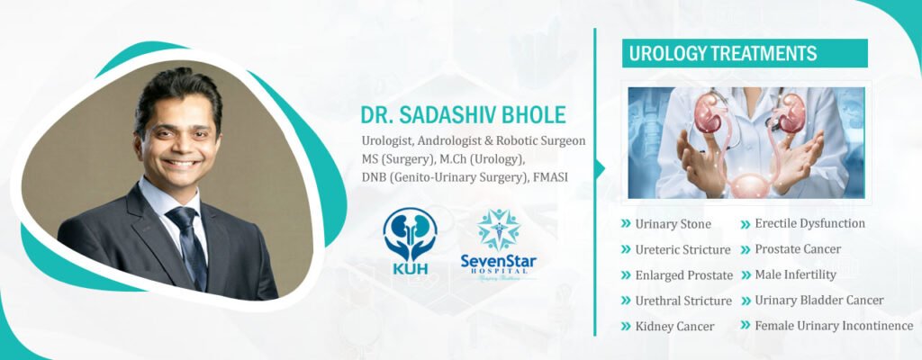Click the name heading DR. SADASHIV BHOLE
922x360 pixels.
click(x=463, y=115)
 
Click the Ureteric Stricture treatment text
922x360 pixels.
click(x=682, y=249)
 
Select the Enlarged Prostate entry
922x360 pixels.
click(x=683, y=275)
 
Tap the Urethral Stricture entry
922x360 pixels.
click(x=682, y=301)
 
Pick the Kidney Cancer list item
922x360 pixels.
click(x=674, y=326)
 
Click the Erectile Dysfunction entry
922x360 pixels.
click(x=809, y=223)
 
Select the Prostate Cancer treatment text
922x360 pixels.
click(x=798, y=249)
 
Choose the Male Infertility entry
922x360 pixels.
click(x=795, y=274)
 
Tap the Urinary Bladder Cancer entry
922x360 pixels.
click(x=818, y=300)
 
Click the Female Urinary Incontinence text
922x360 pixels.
click(x=833, y=326)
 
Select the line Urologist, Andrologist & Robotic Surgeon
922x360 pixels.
click(x=473, y=140)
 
